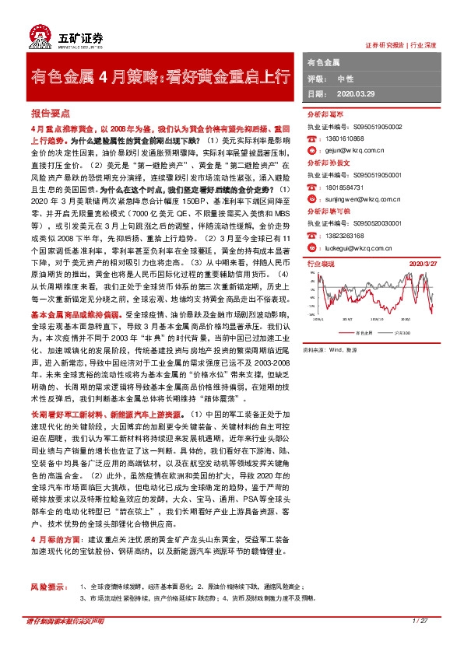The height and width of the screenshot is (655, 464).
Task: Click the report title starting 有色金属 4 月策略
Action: coord(160,76)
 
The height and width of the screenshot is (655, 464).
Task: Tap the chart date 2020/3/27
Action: coord(433,265)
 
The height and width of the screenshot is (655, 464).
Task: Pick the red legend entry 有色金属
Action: coord(363,332)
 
